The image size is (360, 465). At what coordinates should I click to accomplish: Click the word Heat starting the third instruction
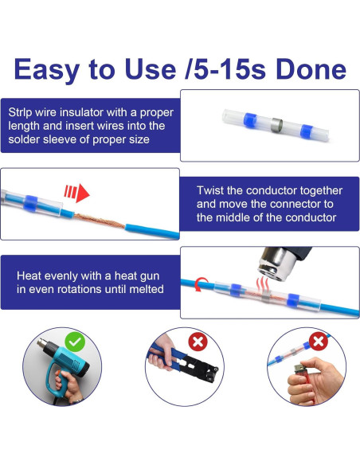point(30,275)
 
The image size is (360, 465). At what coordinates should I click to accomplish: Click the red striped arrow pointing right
point(76,192)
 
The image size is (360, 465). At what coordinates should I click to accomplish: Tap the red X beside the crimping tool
point(196,342)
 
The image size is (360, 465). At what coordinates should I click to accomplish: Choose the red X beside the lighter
point(319,342)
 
